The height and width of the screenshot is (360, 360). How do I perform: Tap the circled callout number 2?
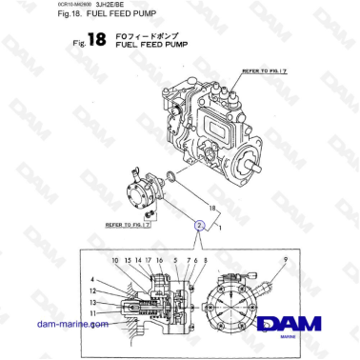coord(199,226)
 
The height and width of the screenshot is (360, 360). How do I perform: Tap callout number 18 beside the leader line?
coord(212,205)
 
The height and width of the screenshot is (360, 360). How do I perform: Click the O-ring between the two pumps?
coord(196,175)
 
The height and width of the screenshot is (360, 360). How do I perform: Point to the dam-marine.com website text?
coord(71,324)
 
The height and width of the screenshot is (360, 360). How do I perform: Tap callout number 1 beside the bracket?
coord(221,230)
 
